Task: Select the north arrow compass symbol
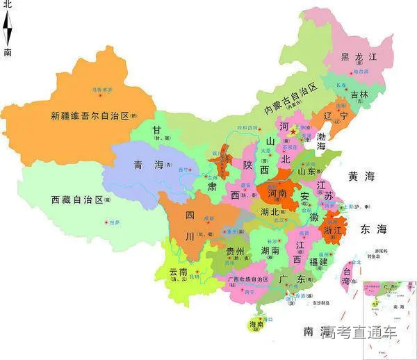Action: (x=8, y=28)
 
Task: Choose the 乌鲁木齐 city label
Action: (x=103, y=90)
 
